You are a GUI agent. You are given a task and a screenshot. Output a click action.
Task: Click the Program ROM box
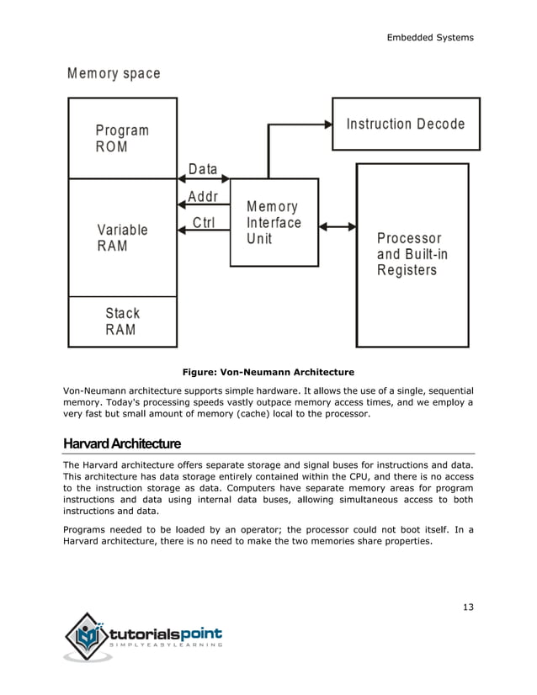coord(122,138)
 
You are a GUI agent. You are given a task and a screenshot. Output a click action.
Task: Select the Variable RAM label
coord(122,237)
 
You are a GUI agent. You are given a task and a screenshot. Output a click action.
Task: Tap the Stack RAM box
coord(122,321)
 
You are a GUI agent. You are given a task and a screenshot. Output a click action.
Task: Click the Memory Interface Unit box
coord(274,222)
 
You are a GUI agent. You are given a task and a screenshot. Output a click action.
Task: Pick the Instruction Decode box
coord(406,124)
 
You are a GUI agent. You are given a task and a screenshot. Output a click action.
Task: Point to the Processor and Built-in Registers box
coord(412,254)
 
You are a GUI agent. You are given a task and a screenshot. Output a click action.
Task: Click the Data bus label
coord(203,169)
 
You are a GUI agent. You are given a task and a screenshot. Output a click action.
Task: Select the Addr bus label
coord(203,197)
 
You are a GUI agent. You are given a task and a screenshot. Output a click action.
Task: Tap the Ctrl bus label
coord(203,223)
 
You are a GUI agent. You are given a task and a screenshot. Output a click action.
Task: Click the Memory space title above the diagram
coord(114,73)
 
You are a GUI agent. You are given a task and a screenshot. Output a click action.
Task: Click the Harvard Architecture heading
coord(121,443)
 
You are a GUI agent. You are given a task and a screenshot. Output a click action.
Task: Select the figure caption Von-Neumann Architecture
coord(268,371)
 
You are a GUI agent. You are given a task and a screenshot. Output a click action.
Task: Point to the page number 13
coord(467,607)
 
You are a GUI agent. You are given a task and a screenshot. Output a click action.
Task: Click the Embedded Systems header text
coord(430,37)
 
